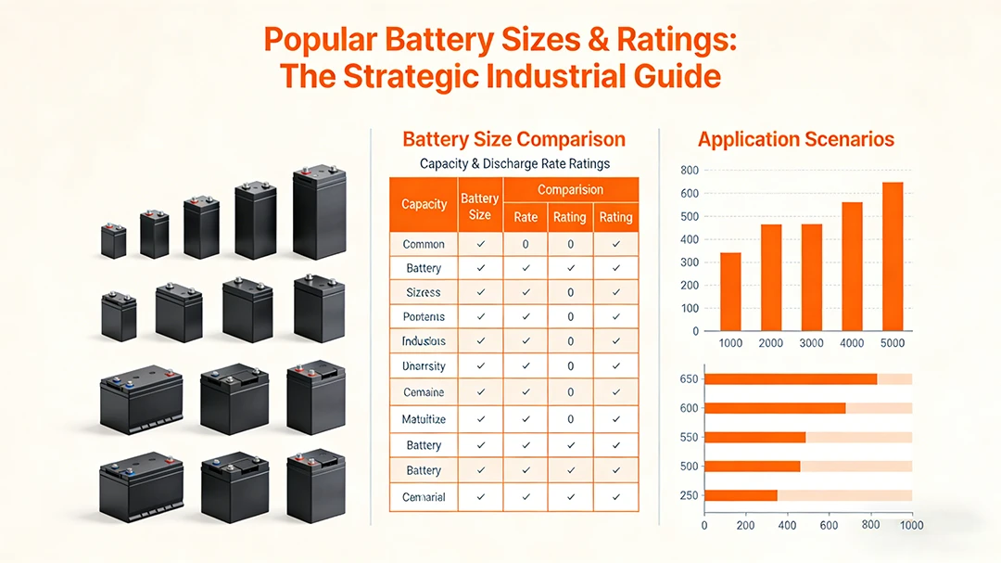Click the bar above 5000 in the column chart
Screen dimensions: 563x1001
pyautogui.click(x=892, y=257)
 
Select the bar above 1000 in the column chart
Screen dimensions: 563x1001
pyautogui.click(x=730, y=291)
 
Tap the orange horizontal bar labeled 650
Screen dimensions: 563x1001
pyautogui.click(x=791, y=378)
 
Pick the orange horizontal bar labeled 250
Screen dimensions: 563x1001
pyautogui.click(x=741, y=495)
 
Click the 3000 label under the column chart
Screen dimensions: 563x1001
pyautogui.click(x=811, y=343)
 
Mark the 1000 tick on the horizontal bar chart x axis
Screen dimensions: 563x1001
pyautogui.click(x=912, y=526)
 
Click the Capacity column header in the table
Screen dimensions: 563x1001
pyautogui.click(x=424, y=204)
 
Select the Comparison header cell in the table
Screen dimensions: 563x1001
pyautogui.click(x=570, y=189)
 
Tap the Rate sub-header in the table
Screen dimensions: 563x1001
pyautogui.click(x=526, y=217)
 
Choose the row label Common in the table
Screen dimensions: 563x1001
pyautogui.click(x=424, y=244)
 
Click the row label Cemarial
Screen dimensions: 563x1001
pyautogui.click(x=424, y=497)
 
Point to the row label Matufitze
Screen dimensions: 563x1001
pyautogui.click(x=424, y=419)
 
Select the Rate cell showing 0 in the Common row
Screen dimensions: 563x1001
pyautogui.click(x=526, y=244)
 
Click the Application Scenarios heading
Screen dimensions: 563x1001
pyautogui.click(x=795, y=140)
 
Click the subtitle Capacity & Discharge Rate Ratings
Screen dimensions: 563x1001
pyautogui.click(x=514, y=164)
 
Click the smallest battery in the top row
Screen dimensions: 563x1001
pyautogui.click(x=113, y=240)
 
